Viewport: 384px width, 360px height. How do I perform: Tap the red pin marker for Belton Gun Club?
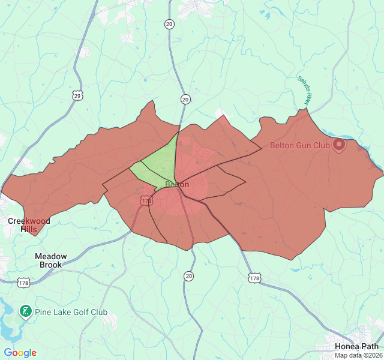339,145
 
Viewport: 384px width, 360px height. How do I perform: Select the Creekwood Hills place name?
29,225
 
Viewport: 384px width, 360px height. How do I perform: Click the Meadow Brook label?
51,260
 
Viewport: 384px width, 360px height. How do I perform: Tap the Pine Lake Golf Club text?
71,312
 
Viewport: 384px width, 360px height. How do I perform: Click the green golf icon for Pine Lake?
25,311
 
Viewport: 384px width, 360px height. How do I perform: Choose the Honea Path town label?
357,346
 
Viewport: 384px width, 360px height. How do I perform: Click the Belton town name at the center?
176,184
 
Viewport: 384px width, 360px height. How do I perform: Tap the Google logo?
20,353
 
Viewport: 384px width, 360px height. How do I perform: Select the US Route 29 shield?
77,95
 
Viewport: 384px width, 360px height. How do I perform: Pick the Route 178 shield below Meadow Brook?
24,283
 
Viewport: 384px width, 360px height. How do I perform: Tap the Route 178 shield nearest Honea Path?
254,277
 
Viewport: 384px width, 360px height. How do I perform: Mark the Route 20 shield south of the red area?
190,276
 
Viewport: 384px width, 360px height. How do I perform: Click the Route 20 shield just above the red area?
185,99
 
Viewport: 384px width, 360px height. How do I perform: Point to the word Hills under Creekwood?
29,229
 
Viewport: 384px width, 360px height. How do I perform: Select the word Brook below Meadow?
51,265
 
